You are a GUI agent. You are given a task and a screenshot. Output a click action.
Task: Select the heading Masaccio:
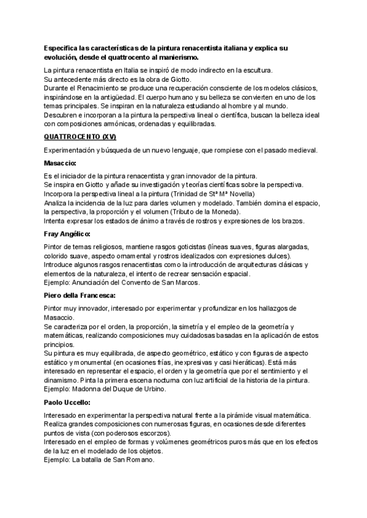click(60, 164)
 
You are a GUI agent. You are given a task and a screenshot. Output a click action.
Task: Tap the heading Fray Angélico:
click(67, 234)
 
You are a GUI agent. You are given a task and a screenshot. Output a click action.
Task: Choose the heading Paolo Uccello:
click(67, 404)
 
